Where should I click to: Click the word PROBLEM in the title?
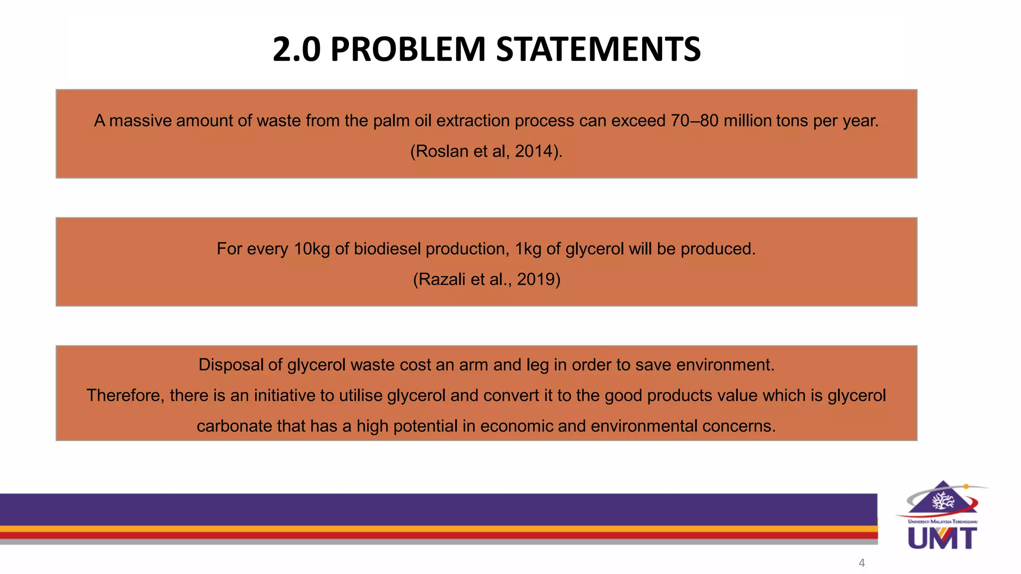407,49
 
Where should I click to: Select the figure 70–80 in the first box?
694,121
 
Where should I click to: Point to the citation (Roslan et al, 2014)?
486,151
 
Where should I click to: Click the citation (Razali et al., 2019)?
487,279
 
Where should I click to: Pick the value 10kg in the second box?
312,249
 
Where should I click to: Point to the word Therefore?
125,395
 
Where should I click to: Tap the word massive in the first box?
140,121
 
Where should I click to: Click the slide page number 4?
861,563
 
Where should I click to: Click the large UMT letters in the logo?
942,538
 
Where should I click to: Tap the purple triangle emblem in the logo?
943,498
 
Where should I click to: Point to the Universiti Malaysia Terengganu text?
943,522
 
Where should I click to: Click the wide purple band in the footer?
439,509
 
